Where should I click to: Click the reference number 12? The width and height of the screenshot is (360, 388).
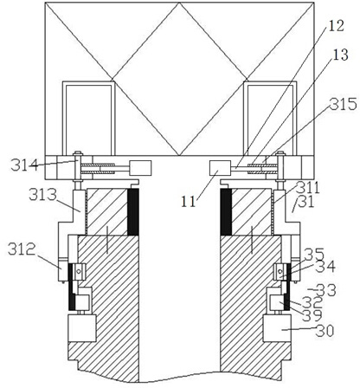336,26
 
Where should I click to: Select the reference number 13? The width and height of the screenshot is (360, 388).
339,55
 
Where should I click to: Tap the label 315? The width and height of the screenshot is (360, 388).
344,104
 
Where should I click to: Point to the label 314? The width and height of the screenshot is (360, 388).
24,165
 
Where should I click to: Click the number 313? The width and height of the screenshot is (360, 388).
42,195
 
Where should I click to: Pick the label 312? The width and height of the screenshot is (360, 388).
22,249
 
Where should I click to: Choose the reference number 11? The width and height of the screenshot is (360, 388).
189,201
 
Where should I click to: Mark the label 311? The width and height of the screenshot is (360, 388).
308,188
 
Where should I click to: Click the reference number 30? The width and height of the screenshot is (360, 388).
325,331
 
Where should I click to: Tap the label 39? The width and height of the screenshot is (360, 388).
312,315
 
